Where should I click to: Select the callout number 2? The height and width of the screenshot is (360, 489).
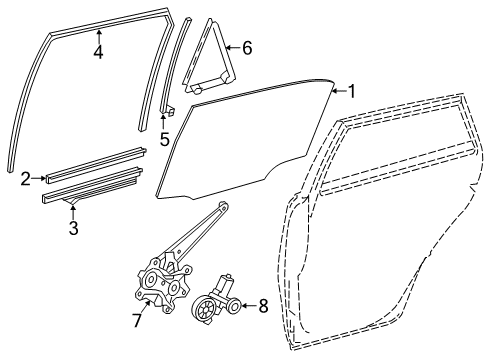click(24, 179)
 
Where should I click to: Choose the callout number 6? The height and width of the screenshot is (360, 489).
click(247, 46)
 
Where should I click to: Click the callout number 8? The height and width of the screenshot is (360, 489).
click(263, 306)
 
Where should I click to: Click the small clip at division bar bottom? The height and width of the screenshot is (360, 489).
click(168, 108)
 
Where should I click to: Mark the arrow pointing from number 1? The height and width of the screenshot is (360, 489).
click(337, 91)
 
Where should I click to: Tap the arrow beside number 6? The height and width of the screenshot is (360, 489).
click(233, 46)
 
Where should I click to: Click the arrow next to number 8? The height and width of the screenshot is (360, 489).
click(249, 306)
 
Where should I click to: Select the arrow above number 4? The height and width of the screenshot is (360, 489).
click(98, 37)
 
